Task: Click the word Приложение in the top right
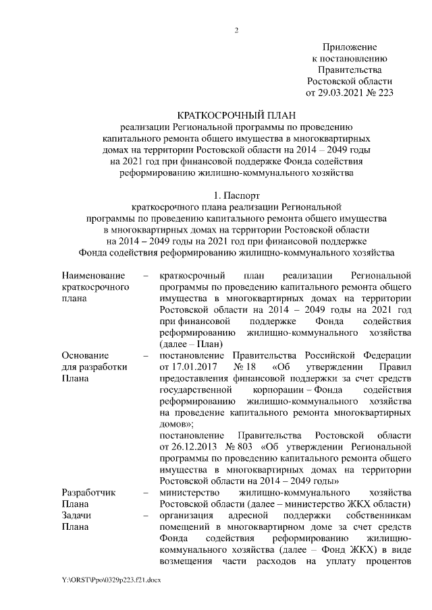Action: tap(349, 46)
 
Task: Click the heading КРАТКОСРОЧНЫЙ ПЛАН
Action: tap(236, 115)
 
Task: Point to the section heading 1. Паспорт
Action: tap(236, 196)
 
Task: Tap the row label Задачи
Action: tap(77, 516)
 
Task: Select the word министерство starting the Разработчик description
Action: tap(188, 492)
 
